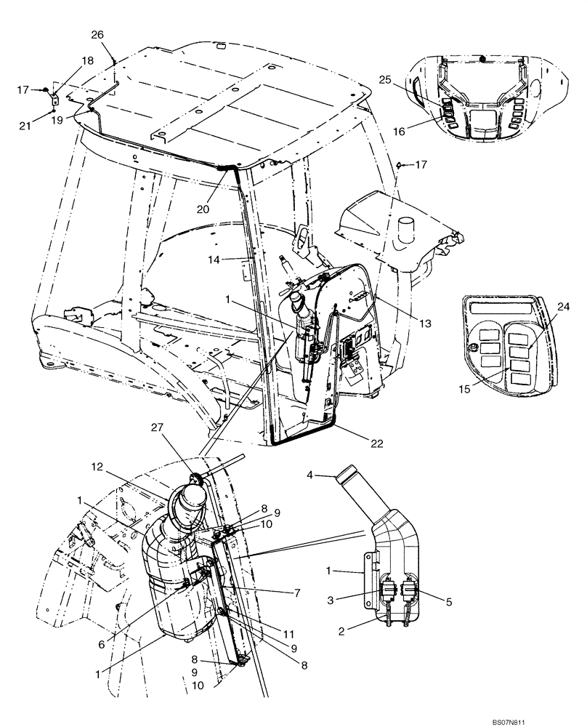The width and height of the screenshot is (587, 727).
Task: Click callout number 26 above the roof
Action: (97, 34)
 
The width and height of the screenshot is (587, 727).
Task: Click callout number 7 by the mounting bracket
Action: (296, 593)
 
